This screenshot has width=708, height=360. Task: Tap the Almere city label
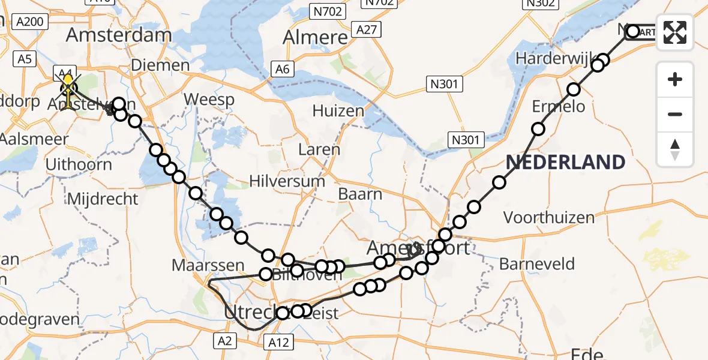tap(315, 37)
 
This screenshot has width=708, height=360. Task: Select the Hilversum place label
tap(287, 181)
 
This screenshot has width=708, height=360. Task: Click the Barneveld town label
tap(537, 264)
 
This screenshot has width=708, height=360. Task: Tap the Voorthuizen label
tap(549, 217)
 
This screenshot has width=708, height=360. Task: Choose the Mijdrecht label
tap(103, 199)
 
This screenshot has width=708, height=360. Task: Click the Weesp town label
tap(209, 99)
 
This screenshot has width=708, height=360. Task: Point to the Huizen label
tap(338, 110)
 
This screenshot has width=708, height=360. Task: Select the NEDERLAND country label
tap(565, 162)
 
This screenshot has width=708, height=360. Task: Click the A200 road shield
tap(29, 22)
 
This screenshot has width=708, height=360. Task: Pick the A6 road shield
tap(283, 69)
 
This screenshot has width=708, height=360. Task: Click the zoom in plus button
tap(675, 79)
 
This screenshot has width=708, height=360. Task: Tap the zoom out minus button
tap(675, 114)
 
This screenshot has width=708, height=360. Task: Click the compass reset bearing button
tap(675, 149)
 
